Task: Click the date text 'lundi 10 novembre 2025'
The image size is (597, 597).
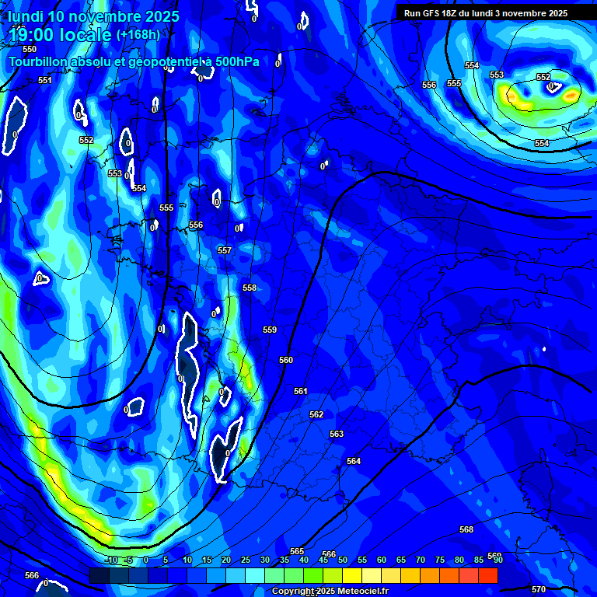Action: pos(93,16)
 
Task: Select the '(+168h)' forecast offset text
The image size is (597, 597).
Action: pos(138,34)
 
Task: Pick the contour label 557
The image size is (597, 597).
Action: pos(225,250)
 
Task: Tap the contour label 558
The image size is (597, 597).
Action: pos(250,288)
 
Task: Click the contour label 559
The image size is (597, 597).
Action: pos(270,330)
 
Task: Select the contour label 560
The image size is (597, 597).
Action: pos(286,360)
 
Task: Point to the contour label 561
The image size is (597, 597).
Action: pos(301,391)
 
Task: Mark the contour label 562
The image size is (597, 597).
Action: pos(316,414)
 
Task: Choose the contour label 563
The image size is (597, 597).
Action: pos(337,434)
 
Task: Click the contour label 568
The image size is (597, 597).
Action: pos(466,529)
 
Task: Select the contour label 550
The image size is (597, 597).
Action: pos(30,49)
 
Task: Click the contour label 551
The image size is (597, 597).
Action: pos(45,80)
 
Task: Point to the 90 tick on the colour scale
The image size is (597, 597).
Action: pos(497,560)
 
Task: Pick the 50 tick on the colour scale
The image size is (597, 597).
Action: pos(342,560)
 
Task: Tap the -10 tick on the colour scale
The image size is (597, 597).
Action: pos(110,560)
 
